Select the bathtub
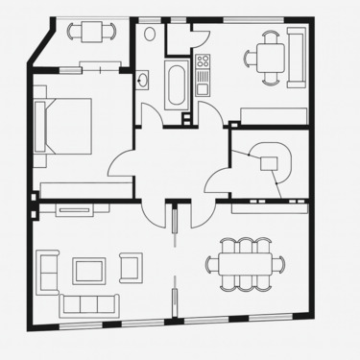[178, 83]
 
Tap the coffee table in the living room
[89, 269]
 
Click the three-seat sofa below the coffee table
[88, 304]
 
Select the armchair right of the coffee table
[131, 266]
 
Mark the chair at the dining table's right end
[282, 262]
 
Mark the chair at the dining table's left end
[211, 262]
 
